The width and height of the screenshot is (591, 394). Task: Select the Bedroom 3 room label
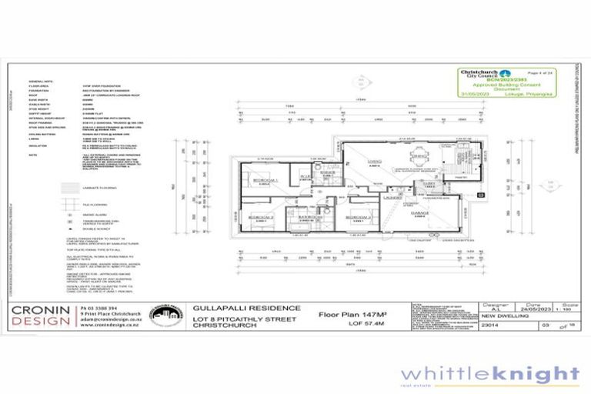(358, 218)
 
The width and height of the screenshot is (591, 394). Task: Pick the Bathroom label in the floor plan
(311, 218)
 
